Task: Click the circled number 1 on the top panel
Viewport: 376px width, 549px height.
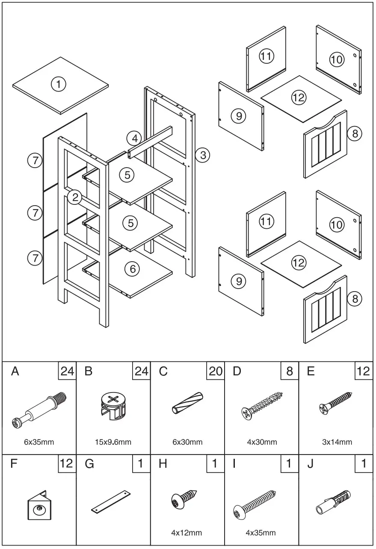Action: tap(59, 84)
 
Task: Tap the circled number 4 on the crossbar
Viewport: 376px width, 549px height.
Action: tap(135, 139)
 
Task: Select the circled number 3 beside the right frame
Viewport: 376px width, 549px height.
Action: tap(203, 155)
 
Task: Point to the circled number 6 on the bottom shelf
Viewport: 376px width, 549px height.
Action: tap(132, 269)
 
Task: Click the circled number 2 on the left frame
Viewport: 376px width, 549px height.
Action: tap(75, 197)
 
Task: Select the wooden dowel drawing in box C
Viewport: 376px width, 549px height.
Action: tap(187, 403)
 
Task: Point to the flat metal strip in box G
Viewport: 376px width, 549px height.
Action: tap(111, 502)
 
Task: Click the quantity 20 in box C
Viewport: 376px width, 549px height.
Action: tap(215, 371)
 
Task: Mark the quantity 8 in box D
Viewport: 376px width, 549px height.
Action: tap(290, 371)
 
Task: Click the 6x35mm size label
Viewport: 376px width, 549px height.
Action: tap(39, 442)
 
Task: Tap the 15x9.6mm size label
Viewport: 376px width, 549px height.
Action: tap(113, 442)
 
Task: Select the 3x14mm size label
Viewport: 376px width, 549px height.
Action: tap(337, 442)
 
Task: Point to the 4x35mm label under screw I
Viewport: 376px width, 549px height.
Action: tap(261, 533)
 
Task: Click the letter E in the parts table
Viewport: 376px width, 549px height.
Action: tap(311, 372)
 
